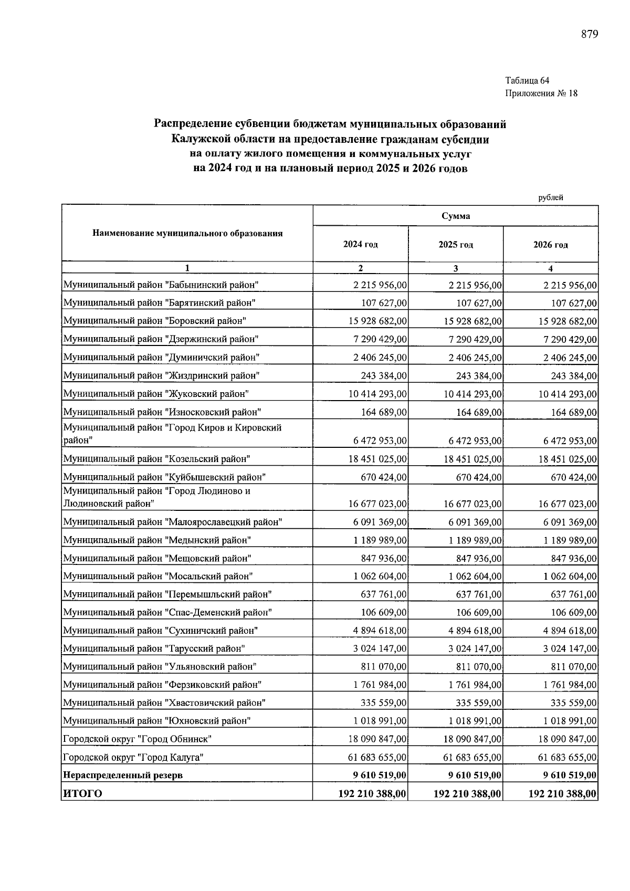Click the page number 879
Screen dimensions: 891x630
[590, 35]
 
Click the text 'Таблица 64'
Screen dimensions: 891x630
[527, 81]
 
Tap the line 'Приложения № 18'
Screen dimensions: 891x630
[541, 93]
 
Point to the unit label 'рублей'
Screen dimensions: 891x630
[550, 197]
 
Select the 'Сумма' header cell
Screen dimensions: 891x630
[455, 216]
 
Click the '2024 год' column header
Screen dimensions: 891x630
[360, 245]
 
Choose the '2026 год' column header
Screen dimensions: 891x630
[550, 245]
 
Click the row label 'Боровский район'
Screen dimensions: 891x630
[155, 321]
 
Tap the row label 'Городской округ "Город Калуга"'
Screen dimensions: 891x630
[133, 757]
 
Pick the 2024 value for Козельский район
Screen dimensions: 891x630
[377, 459]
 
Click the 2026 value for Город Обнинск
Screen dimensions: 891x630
[568, 739]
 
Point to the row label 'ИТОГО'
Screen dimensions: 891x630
[82, 793]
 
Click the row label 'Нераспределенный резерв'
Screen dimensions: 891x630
[123, 775]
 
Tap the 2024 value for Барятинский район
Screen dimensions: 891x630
[383, 303]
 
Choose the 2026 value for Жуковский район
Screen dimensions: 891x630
[568, 394]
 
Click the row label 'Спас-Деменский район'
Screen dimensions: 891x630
[167, 612]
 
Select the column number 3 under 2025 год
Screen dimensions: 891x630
[455, 268]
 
